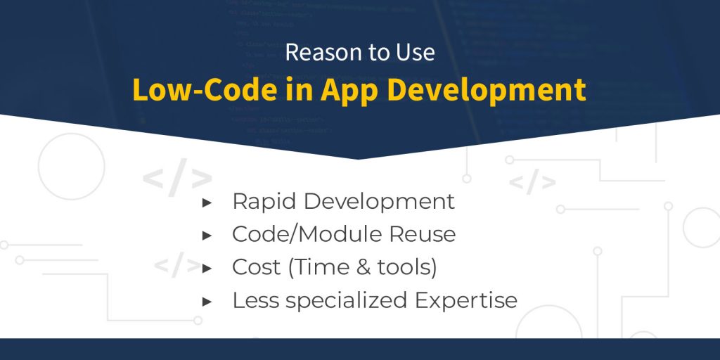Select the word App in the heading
click(x=342, y=91)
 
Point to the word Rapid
click(x=264, y=202)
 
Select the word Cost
click(x=256, y=267)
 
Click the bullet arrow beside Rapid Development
click(x=207, y=202)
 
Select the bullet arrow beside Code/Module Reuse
click(x=207, y=235)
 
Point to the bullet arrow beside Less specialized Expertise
click(x=207, y=301)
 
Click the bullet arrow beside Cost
click(x=207, y=268)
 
